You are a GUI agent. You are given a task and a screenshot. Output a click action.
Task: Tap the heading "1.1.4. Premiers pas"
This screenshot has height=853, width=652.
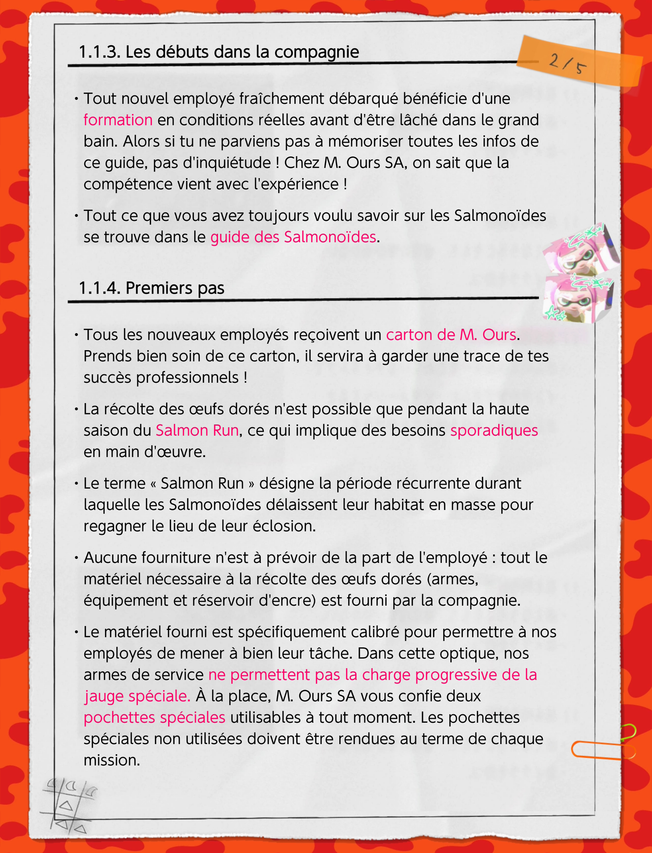click(151, 288)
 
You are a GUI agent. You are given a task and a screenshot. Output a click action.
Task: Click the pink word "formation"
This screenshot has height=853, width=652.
click(118, 120)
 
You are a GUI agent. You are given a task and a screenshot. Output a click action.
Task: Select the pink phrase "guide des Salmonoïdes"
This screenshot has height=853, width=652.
click(293, 237)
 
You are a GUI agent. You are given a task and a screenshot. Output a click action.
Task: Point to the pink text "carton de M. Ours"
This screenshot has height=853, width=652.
click(451, 335)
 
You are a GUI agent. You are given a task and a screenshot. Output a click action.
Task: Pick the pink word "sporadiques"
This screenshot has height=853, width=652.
click(494, 430)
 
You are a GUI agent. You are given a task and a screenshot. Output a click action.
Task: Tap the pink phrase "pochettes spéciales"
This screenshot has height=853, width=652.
click(154, 717)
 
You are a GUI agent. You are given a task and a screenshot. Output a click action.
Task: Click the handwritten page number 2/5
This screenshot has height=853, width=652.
click(567, 63)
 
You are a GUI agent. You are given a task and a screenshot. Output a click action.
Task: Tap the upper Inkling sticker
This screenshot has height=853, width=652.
click(580, 248)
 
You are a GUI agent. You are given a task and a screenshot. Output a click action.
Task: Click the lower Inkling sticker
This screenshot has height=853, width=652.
click(578, 299)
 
